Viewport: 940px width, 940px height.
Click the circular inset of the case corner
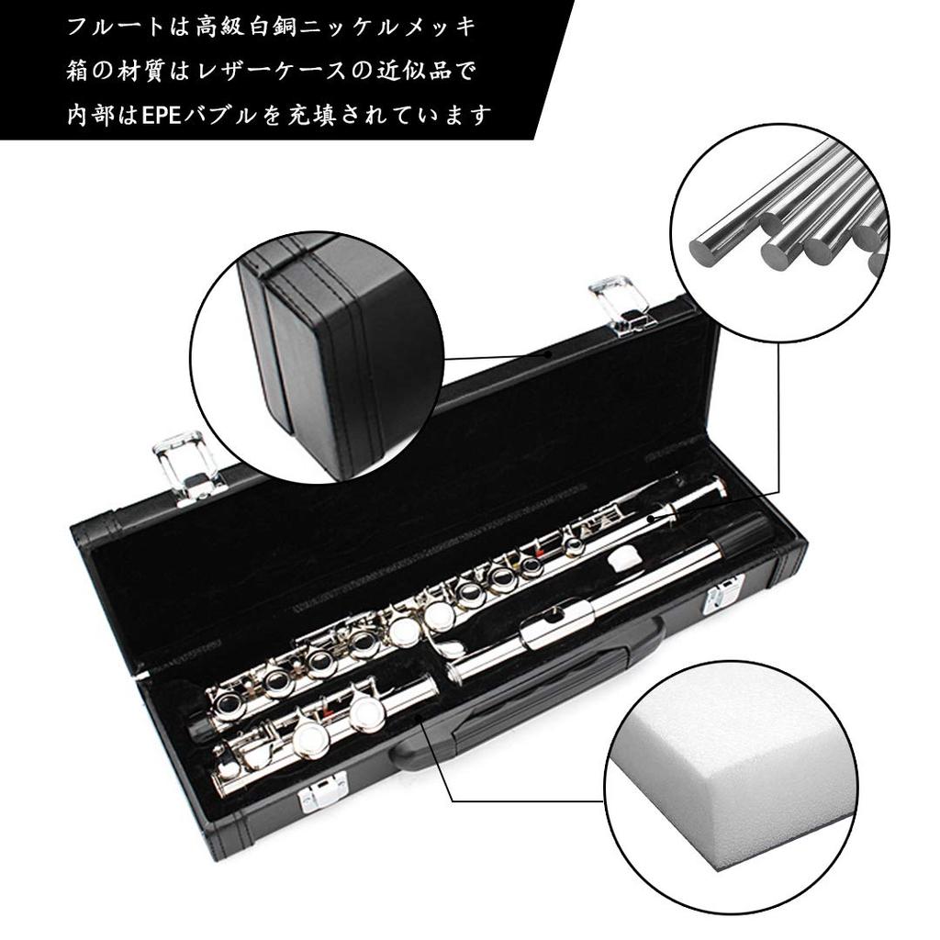[317, 357]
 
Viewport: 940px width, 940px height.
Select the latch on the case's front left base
[323, 791]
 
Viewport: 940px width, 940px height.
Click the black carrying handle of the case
[532, 698]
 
